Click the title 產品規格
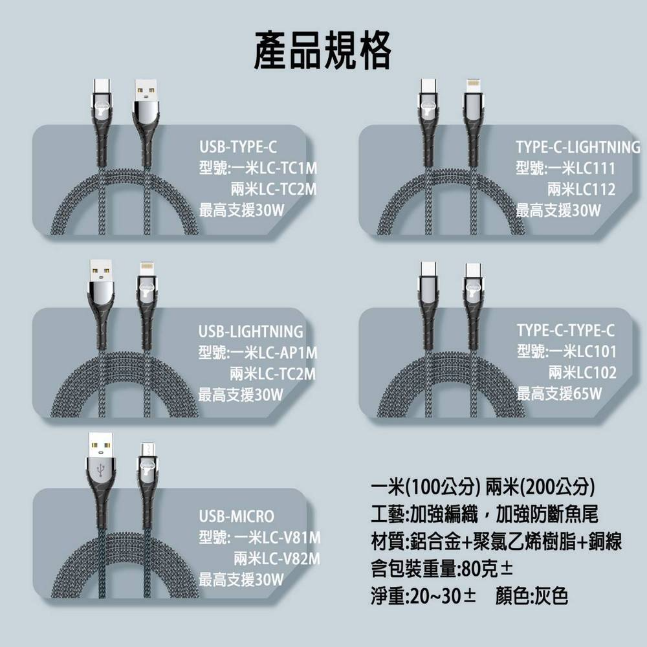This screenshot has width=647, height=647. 322,50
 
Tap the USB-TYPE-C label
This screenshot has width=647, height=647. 238,147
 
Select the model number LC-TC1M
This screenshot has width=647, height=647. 288,168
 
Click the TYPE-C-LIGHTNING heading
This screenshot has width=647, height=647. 578,147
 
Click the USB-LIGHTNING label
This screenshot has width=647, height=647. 250,331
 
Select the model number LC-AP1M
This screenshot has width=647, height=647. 288,353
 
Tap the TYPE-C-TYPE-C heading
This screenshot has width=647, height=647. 565,330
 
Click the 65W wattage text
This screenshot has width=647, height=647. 587,393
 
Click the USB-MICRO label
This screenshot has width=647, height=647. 236,516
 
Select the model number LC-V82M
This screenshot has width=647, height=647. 291,559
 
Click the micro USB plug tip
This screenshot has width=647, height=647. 147,448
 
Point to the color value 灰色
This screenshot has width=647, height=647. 551,596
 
